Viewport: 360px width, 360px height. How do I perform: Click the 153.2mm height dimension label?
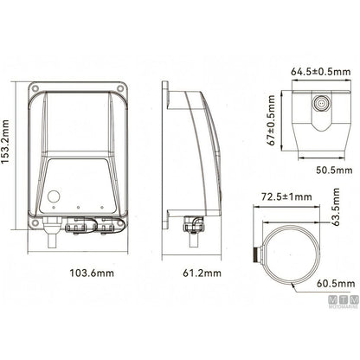click(5, 141)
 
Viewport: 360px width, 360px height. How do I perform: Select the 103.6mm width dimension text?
click(92, 273)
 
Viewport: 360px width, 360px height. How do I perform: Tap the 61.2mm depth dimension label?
click(202, 273)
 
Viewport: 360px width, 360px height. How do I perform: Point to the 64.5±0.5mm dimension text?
click(320, 71)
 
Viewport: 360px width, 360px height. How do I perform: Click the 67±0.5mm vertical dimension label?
click(272, 120)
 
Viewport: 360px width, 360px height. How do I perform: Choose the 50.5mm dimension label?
click(334, 170)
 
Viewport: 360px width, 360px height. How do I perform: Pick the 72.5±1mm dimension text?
click(286, 196)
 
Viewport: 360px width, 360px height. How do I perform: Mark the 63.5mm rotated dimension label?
click(336, 207)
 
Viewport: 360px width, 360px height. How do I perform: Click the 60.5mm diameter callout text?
click(336, 284)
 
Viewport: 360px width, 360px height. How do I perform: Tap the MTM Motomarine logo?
click(344, 301)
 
